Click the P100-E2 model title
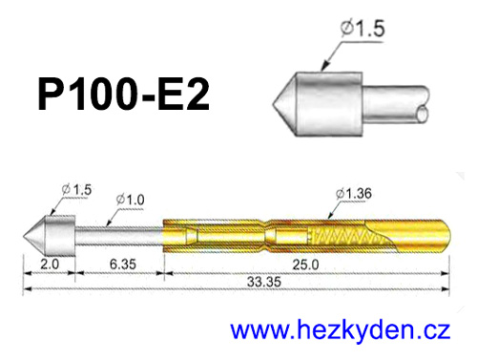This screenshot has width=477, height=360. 123,95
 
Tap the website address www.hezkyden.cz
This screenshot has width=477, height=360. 341,331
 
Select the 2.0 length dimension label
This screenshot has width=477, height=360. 50,265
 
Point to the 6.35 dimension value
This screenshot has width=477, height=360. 123,265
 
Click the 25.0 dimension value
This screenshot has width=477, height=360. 305,265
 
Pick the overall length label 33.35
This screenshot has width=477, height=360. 264,282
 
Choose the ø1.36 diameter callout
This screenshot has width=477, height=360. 354,194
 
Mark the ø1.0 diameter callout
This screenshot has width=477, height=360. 131,200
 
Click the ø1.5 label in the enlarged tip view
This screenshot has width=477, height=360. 363,28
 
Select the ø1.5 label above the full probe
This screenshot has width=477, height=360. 76,190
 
